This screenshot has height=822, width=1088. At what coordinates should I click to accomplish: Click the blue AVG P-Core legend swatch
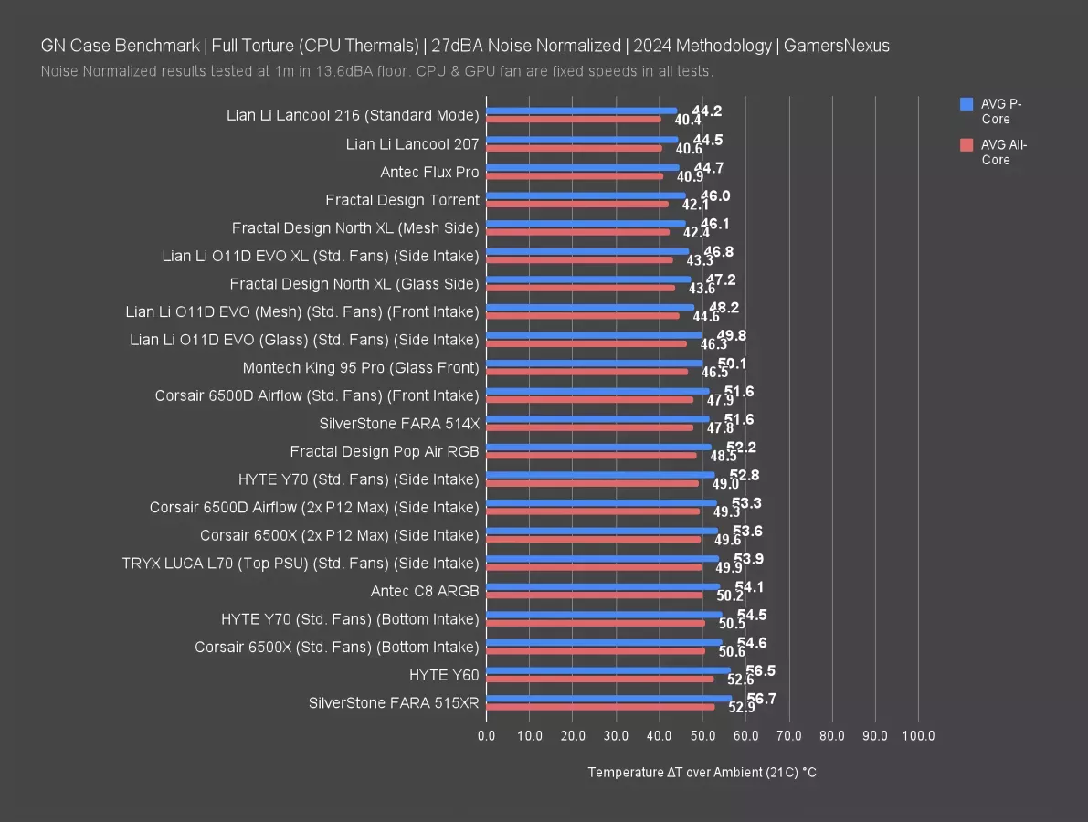point(967,105)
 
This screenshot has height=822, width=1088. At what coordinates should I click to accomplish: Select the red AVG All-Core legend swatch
point(967,145)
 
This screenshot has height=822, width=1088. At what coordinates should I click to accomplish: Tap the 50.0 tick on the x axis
point(702,735)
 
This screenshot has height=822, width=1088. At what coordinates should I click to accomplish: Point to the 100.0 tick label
point(918,735)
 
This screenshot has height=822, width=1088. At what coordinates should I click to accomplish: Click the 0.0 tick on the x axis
point(487,735)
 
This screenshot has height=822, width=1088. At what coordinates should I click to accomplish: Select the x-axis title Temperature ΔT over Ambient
point(702,773)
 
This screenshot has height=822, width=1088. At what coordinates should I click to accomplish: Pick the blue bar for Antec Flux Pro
point(583,167)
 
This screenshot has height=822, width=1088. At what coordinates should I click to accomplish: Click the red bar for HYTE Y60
point(600,679)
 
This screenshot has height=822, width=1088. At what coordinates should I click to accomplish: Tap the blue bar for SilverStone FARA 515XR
point(608,699)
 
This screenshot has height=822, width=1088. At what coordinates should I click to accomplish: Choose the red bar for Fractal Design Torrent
point(577,203)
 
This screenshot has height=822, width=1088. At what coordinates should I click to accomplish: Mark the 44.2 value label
point(707,111)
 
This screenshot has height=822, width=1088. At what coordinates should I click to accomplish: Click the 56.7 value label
point(761,699)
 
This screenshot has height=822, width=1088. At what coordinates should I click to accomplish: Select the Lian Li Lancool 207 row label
point(412,144)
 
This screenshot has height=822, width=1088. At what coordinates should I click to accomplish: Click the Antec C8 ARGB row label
point(425,591)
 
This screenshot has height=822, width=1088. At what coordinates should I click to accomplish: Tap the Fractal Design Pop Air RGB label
point(385,451)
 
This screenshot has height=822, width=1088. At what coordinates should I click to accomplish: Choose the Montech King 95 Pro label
point(361,367)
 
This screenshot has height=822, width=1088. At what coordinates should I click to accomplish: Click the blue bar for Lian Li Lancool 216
point(582,111)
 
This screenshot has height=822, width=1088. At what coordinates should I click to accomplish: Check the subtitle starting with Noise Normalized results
point(376,71)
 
